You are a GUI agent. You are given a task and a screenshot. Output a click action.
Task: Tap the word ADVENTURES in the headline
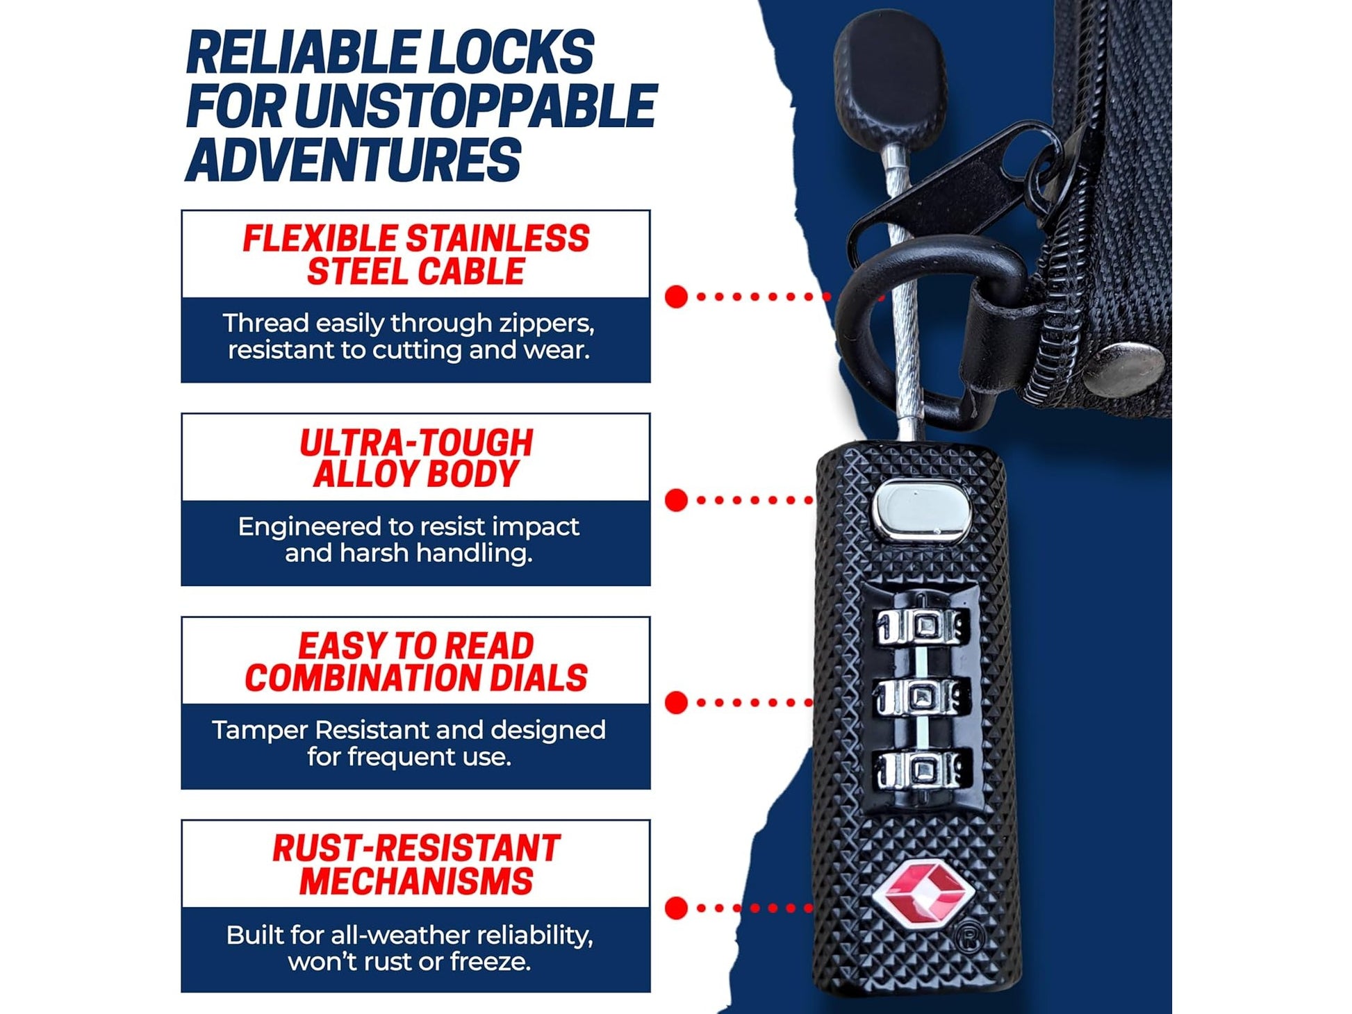pyautogui.click(x=353, y=160)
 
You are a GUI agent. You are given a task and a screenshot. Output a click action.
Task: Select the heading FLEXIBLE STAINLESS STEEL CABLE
pyautogui.click(x=415, y=255)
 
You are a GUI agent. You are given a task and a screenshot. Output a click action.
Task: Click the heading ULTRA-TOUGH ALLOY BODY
pyautogui.click(x=415, y=458)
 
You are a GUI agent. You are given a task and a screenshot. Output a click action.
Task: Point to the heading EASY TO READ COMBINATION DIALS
pyautogui.click(x=415, y=662)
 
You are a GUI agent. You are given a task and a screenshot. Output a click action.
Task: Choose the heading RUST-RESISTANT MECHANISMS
pyautogui.click(x=415, y=865)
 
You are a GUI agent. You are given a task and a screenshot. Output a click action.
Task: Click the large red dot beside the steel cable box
pyautogui.click(x=676, y=297)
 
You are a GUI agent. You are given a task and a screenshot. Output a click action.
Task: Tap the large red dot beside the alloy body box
pyautogui.click(x=676, y=500)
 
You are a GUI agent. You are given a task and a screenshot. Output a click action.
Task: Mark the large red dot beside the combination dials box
pyautogui.click(x=676, y=703)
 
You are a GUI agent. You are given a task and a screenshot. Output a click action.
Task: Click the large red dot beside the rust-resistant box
pyautogui.click(x=676, y=908)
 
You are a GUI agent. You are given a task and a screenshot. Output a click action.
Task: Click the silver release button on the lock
pyautogui.click(x=921, y=510)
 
